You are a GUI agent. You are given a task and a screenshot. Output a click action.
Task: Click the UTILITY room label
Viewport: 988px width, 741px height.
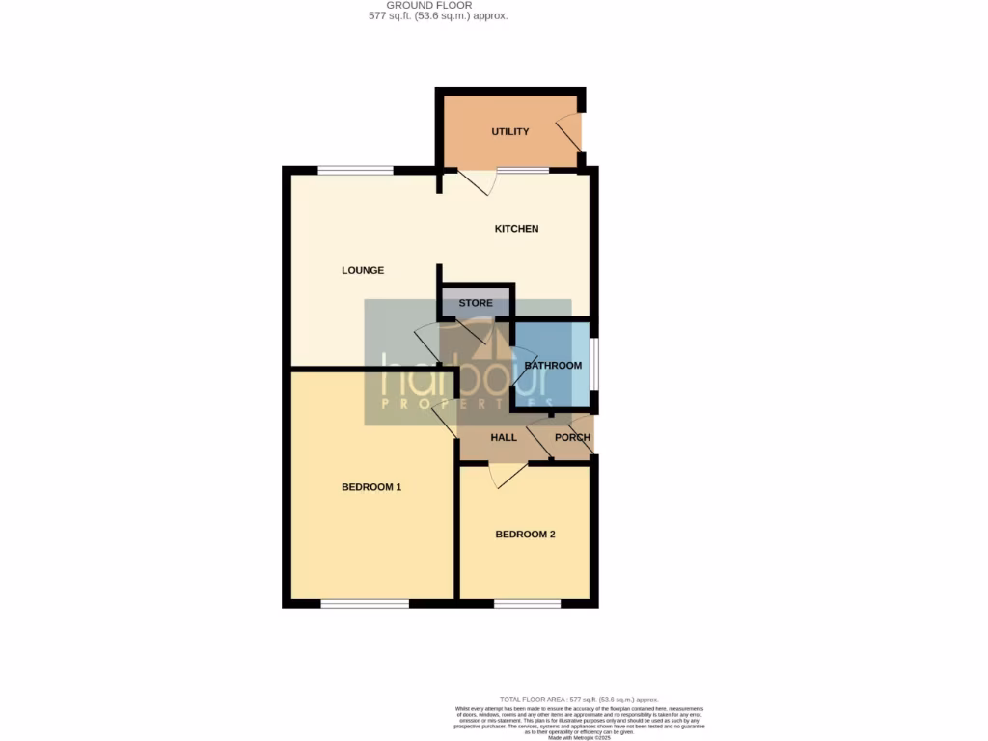tap(509, 132)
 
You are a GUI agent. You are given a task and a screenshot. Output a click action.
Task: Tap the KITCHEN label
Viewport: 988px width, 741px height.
tap(516, 229)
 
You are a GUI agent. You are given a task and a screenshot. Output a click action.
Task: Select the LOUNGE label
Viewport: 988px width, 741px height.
tap(363, 270)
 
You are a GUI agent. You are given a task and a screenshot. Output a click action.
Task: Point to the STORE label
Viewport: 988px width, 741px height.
tap(476, 303)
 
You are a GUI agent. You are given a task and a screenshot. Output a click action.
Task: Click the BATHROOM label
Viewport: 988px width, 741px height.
tap(553, 366)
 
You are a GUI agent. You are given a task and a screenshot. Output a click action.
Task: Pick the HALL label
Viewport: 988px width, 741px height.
tap(504, 437)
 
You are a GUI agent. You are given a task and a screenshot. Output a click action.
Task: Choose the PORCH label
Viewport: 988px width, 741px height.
tap(572, 437)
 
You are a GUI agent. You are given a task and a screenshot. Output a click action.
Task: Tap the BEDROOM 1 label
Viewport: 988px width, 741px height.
tap(371, 487)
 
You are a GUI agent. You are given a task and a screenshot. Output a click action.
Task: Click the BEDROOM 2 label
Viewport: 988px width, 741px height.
tap(525, 535)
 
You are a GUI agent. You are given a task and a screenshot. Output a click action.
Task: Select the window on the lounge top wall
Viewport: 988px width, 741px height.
tap(356, 171)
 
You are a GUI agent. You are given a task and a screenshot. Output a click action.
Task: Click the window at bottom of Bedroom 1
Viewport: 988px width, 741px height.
tap(365, 604)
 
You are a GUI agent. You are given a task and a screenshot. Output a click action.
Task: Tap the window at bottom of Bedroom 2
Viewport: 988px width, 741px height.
tap(527, 604)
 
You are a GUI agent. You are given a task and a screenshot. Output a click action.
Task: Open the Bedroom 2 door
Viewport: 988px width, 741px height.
tap(508, 474)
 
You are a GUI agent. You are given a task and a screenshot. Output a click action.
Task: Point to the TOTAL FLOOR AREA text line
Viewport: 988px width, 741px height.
tap(578, 699)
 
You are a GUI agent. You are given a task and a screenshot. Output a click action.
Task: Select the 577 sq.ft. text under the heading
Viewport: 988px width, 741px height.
tap(439, 16)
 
